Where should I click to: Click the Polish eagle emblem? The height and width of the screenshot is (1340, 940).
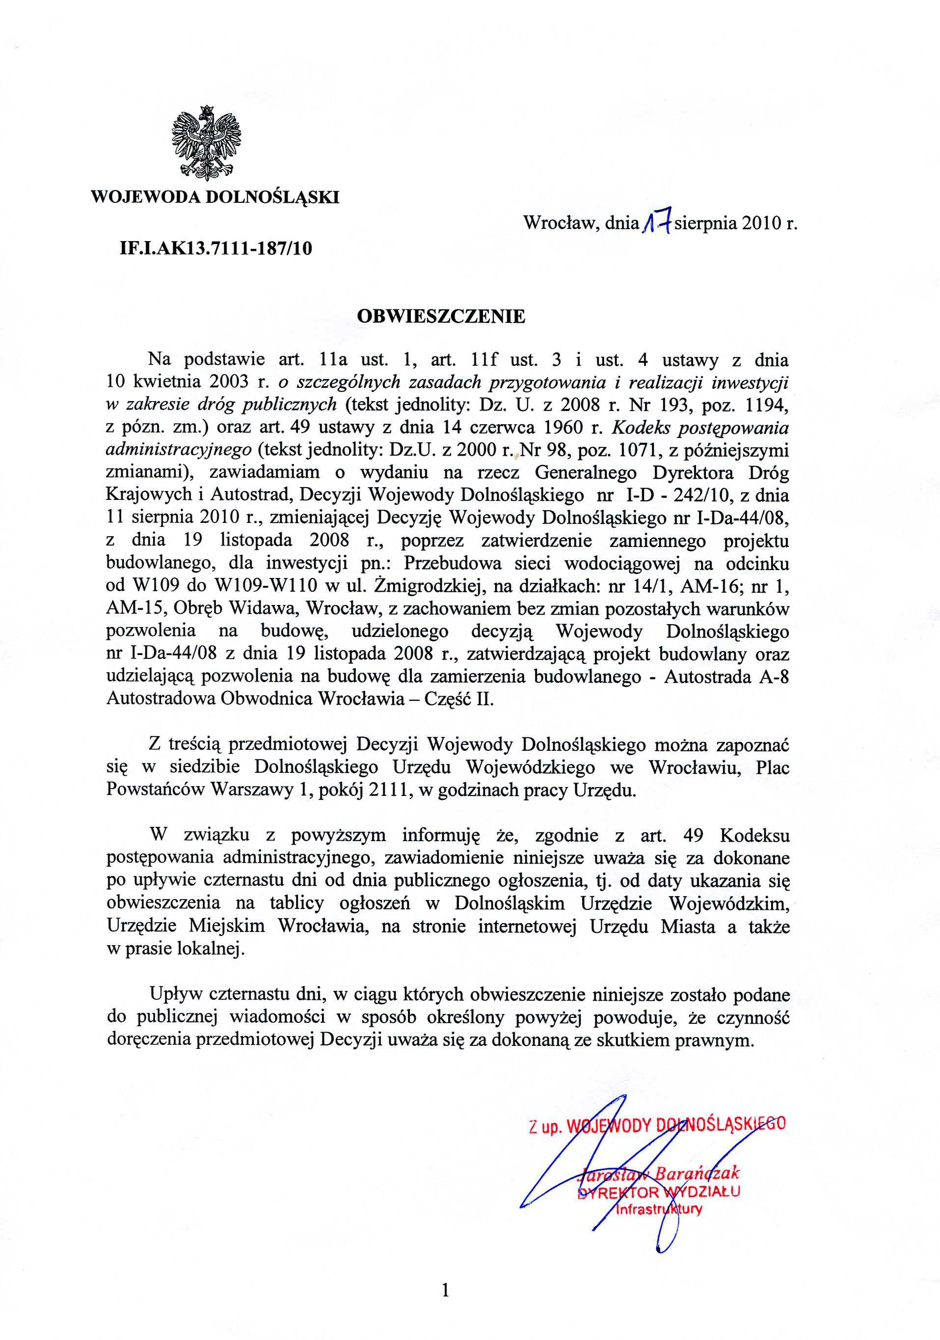tap(207, 143)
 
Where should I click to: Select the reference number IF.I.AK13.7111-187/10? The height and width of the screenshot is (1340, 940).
tap(216, 249)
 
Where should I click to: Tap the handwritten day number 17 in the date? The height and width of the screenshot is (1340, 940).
tap(658, 223)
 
